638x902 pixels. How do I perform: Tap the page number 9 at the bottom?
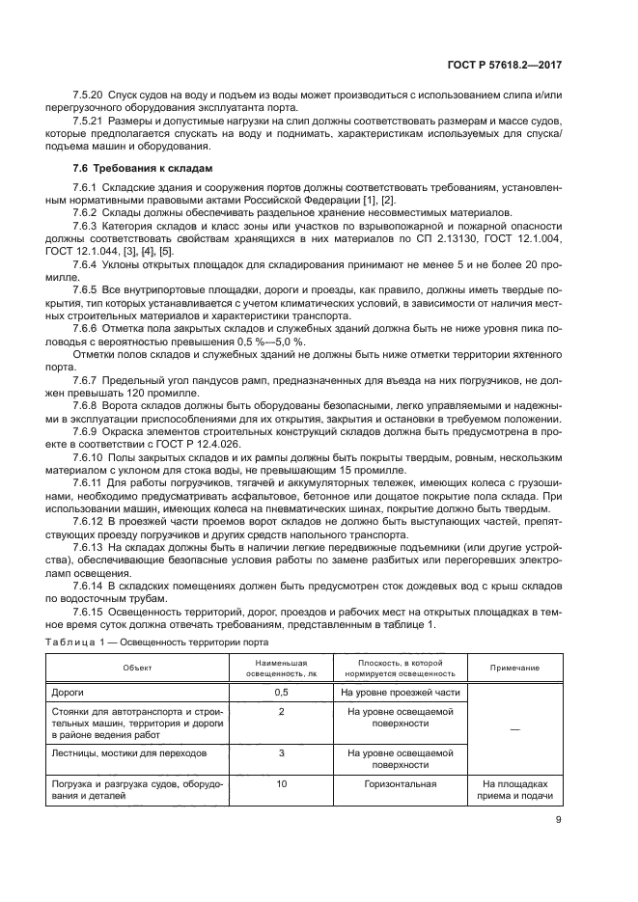[x=559, y=821]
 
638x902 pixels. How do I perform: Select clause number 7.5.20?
[x=88, y=98]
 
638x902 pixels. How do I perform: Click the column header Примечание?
[x=514, y=668]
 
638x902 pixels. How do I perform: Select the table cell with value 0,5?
[x=281, y=693]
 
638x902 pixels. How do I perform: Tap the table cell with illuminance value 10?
[x=281, y=784]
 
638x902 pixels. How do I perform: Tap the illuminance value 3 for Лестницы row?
[x=281, y=752]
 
